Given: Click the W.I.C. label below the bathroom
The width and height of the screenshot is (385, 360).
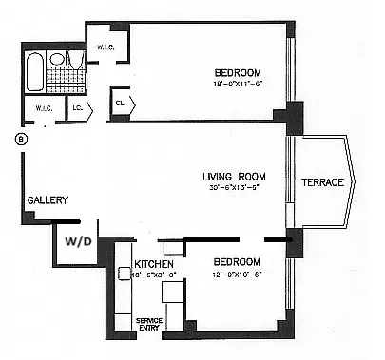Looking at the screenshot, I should click(x=44, y=107).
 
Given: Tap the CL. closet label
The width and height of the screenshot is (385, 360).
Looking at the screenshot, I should click(x=122, y=103).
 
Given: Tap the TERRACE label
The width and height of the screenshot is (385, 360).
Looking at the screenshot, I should click(x=323, y=182).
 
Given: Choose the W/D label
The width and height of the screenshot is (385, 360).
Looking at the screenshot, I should click(x=78, y=241).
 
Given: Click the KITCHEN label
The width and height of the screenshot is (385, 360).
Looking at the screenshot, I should click(x=152, y=263).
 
